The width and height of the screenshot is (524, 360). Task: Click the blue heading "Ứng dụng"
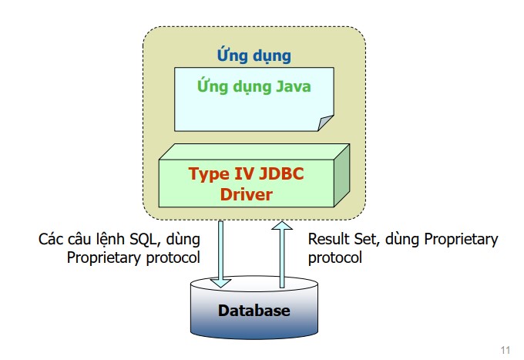(254, 56)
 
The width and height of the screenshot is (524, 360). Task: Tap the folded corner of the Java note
(325, 123)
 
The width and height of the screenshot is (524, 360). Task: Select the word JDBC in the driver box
(281, 173)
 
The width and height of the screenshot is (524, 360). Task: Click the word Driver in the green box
(247, 194)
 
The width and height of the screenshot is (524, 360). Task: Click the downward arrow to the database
(220, 254)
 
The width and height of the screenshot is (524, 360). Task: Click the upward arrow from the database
(282, 254)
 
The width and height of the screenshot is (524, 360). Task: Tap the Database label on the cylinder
(254, 311)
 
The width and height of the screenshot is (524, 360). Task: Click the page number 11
(506, 350)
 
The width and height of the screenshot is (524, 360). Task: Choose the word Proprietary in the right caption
(461, 240)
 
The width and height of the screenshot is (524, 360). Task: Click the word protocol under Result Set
(335, 258)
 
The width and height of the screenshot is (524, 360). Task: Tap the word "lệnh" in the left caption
(110, 240)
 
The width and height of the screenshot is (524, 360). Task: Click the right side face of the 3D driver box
(342, 176)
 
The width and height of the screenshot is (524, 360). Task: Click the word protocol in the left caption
(173, 258)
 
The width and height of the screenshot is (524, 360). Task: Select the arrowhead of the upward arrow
(282, 226)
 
